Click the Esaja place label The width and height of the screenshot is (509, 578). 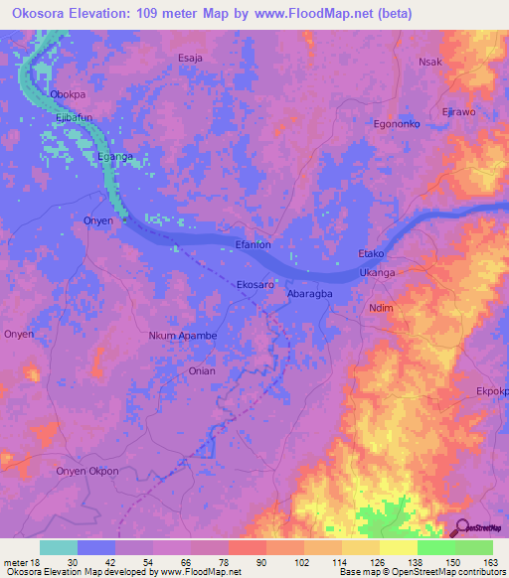point(190,59)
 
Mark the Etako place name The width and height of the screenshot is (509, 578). point(371,255)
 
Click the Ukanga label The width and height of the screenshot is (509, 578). point(377,272)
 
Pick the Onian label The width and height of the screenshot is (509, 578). point(202,370)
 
